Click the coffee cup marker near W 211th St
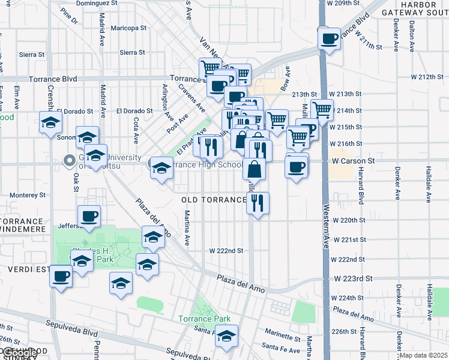[329, 40]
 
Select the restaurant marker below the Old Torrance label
[257, 203]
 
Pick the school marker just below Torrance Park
[227, 337]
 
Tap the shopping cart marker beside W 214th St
[322, 110]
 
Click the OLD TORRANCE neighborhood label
[214, 199]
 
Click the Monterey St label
[28, 195]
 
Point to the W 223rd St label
[353, 278]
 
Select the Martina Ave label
[187, 223]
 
